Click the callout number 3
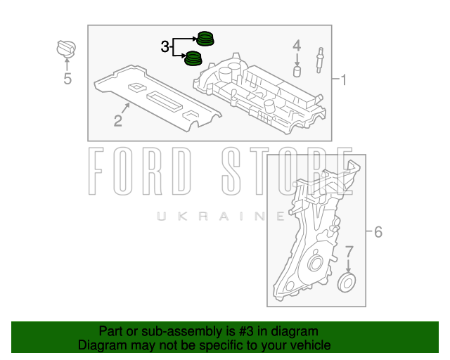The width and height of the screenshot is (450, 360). (165, 46)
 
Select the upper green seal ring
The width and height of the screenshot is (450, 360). (205, 39)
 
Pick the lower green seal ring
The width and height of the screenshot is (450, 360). (193, 58)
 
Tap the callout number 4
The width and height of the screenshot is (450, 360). (297, 46)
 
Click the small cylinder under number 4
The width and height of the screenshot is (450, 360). (297, 71)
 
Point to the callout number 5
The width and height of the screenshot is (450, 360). (67, 78)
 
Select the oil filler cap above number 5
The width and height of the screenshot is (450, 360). (66, 49)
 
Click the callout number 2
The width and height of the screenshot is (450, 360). (118, 120)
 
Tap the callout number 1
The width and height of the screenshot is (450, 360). (343, 80)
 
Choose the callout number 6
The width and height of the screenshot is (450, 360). (378, 231)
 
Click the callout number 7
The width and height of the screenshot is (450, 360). (349, 252)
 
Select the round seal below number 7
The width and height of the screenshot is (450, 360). (347, 283)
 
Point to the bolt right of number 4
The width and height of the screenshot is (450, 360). (319, 60)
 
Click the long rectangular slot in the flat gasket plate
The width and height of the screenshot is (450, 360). (165, 101)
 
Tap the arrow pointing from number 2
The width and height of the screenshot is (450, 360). (126, 108)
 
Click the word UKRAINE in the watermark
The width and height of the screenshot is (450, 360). (221, 216)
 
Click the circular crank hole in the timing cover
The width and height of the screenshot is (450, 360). (315, 263)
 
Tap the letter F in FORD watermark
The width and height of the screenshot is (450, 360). (96, 171)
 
